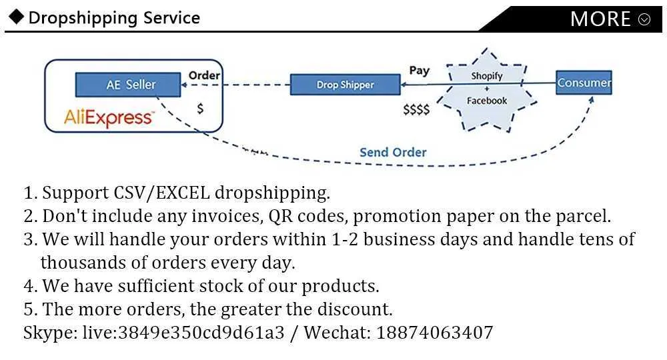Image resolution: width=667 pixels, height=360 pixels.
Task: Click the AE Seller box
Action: coord(128,85)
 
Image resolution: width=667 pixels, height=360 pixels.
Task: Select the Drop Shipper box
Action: coord(345,85)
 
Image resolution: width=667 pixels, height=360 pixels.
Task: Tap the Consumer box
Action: coord(584,83)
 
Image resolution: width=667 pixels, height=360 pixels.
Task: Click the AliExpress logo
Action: coord(109,117)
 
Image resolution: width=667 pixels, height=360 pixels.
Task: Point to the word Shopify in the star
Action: coord(487,75)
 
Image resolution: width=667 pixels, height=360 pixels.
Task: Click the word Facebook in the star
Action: coord(487,101)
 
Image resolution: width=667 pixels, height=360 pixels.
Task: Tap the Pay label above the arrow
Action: coord(419,71)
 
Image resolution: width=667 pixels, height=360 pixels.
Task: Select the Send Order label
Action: coord(393,152)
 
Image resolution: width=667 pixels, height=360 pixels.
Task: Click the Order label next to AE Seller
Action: coord(204,75)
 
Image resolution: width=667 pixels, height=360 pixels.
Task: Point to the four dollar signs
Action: coord(416,110)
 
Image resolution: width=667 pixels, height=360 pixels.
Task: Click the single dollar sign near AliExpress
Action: coord(200,109)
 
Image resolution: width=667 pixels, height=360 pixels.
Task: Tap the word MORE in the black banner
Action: coord(600,19)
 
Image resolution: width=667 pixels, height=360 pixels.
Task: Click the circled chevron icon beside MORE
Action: coord(644,19)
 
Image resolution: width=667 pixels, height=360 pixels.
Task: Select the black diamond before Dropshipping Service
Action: coord(16,17)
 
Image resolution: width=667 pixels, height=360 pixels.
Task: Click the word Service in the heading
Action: coord(171,18)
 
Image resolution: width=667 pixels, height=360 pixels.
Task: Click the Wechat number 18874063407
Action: coord(435,333)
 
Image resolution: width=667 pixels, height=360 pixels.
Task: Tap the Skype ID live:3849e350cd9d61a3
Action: coord(183,333)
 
